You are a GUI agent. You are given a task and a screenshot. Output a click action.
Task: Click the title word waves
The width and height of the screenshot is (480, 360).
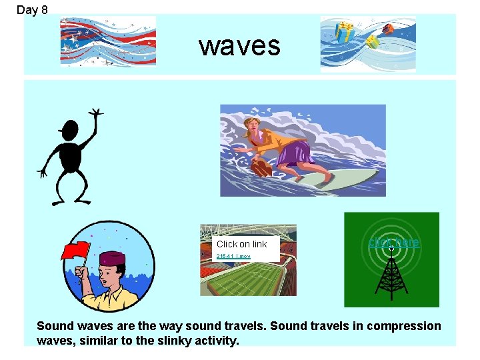(x=239, y=46)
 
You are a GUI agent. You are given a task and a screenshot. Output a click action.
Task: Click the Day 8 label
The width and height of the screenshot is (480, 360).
(x=31, y=9)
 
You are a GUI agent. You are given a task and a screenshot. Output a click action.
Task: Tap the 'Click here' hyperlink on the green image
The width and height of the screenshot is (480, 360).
(x=393, y=243)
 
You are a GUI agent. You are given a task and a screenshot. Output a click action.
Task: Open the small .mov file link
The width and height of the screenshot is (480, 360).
(x=233, y=256)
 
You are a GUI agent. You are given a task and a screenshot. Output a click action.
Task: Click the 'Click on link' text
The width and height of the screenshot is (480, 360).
(x=241, y=244)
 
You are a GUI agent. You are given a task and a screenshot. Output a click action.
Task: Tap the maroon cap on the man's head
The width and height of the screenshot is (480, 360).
(x=111, y=257)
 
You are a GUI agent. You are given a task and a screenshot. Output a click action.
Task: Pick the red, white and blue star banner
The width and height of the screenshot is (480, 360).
(x=107, y=41)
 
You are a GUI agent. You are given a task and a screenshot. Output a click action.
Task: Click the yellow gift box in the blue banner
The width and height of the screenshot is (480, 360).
(x=344, y=31)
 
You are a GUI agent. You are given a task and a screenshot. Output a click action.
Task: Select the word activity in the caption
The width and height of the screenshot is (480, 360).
(x=213, y=341)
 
